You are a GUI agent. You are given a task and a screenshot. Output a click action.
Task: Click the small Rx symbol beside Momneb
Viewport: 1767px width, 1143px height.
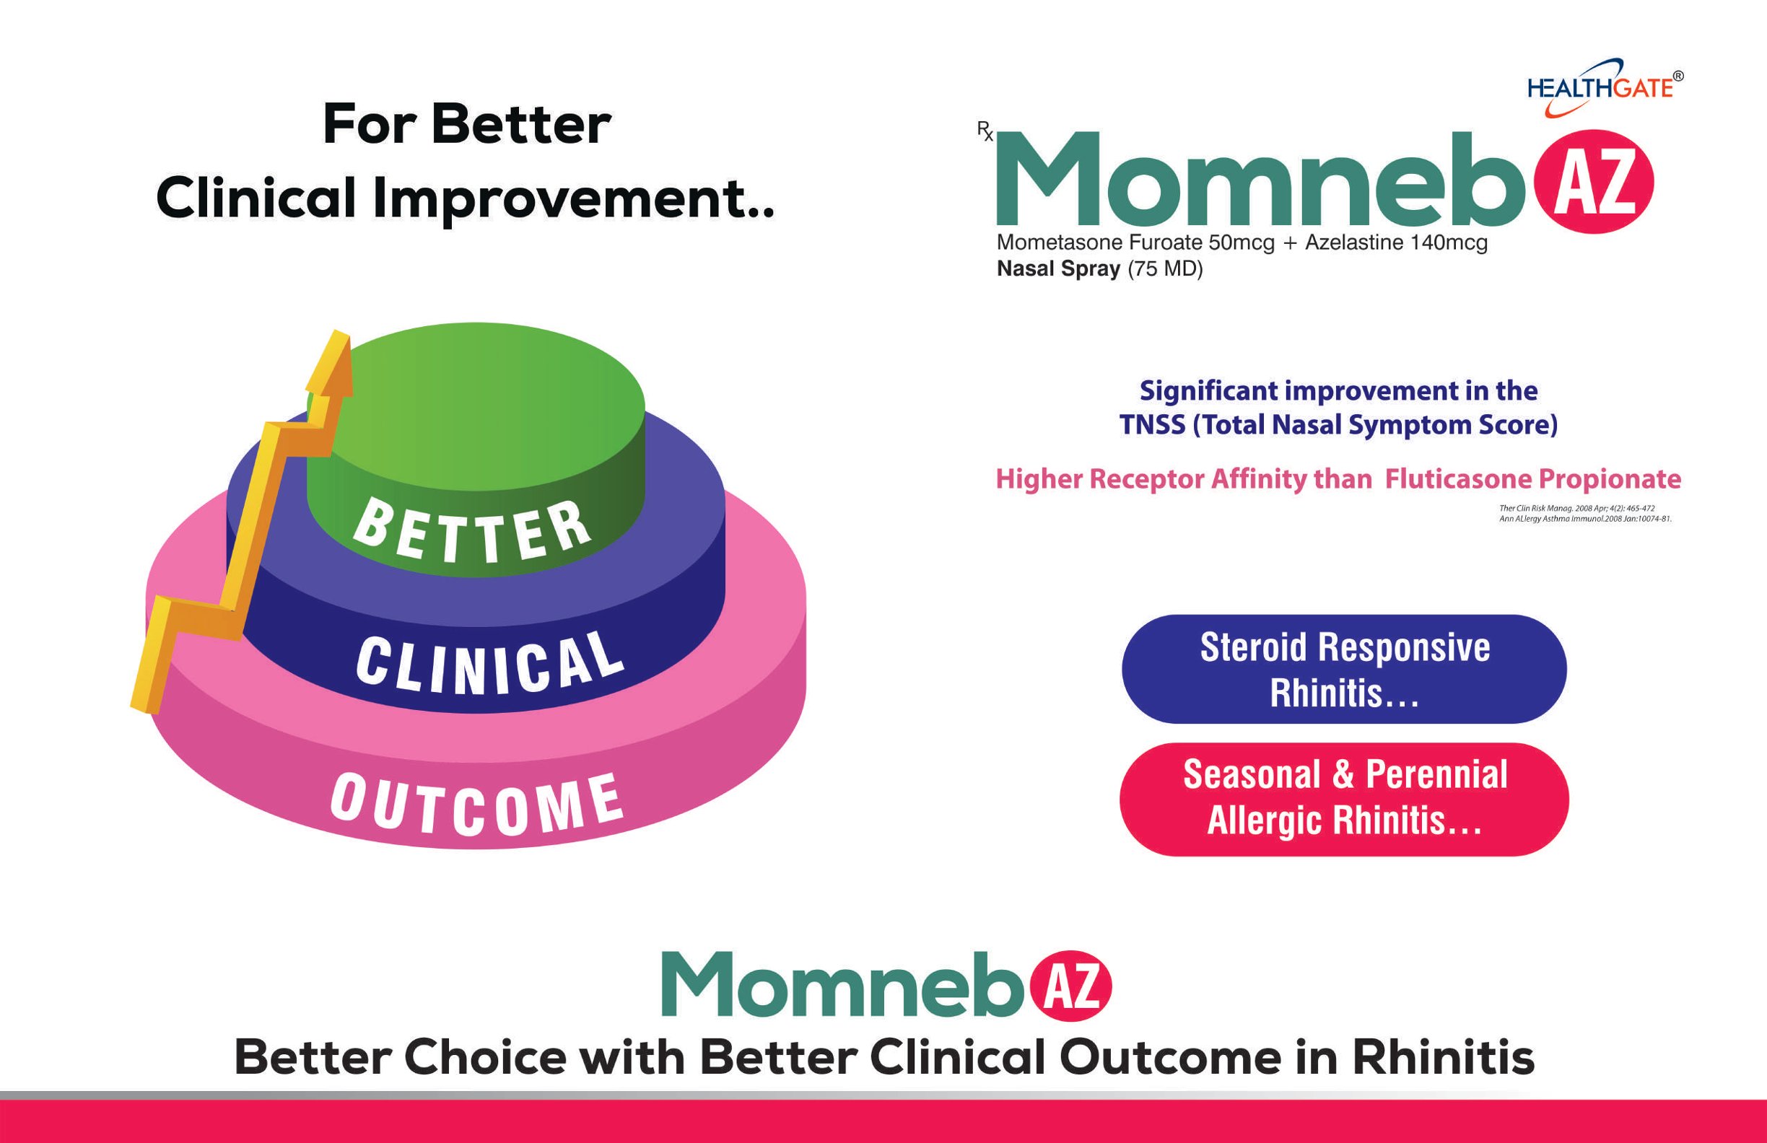(x=985, y=131)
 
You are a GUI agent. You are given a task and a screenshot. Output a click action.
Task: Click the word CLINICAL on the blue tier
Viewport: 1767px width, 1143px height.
(x=490, y=663)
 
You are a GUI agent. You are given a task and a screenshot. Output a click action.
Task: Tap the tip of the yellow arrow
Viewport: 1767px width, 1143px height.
(x=340, y=332)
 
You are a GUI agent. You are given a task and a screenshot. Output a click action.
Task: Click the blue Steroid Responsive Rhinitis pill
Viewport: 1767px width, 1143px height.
(x=1344, y=669)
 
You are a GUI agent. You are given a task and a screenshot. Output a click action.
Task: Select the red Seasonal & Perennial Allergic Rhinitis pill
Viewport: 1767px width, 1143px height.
(x=1344, y=799)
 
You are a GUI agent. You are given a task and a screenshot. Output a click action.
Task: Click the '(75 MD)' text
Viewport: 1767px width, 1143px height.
(x=1165, y=268)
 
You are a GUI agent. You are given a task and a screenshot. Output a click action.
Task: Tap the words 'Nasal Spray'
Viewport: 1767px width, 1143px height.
(x=1058, y=269)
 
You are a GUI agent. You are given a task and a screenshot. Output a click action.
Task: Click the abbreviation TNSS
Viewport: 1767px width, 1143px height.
(x=1153, y=425)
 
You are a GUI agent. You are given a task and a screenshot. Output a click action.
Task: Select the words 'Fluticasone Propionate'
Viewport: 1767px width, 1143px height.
(x=1533, y=479)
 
